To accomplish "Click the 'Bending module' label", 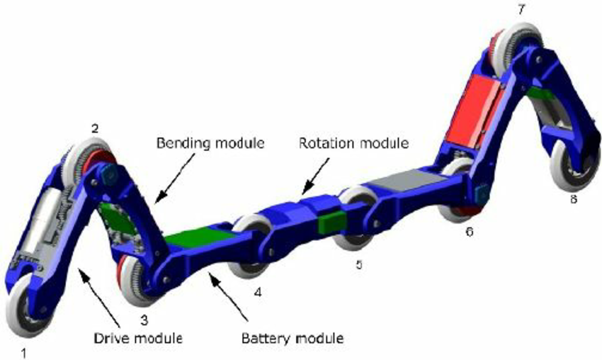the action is coord(210,143).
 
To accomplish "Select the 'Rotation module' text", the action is coord(353,143).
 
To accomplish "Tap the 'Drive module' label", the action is coord(138,339).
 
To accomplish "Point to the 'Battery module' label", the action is coord(293,339).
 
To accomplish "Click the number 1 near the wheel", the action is coord(24,353).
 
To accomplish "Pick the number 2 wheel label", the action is coord(94,128).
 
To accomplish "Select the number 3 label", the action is coord(144,320).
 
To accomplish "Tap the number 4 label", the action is coord(258,293).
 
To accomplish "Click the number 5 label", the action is coord(359,264).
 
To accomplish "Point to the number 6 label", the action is coord(469,232).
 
